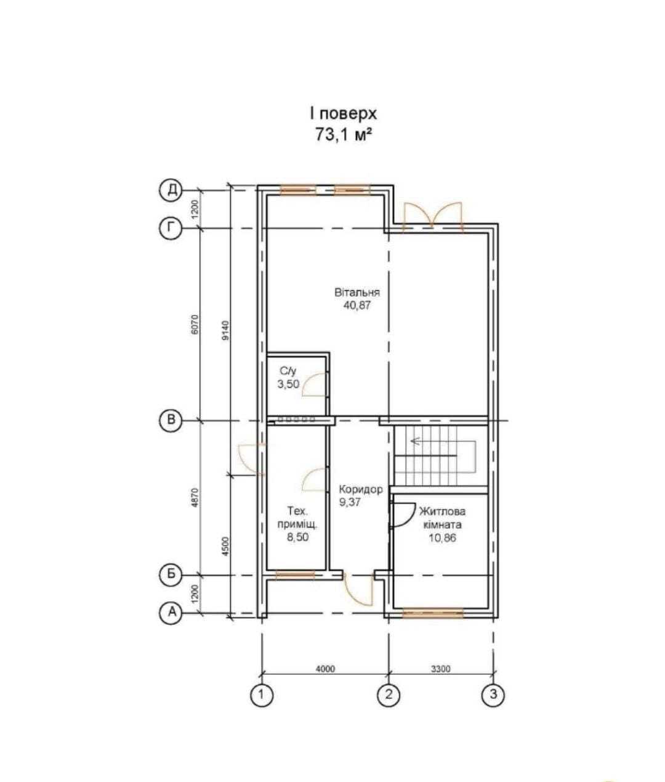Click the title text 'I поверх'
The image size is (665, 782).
343,114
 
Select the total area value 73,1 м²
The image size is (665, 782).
343,135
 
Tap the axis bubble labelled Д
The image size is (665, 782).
171,190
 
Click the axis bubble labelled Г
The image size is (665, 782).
171,229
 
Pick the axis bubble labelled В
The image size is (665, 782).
171,421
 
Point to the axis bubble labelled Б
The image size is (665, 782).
171,575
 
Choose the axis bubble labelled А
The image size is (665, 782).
171,613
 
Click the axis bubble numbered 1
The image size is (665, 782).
262,695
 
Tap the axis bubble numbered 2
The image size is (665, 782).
389,695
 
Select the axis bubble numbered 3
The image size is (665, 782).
493,695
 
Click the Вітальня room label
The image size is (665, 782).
357,292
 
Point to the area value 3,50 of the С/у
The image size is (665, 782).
288,384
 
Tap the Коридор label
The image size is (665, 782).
361,489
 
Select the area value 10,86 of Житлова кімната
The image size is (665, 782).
442,537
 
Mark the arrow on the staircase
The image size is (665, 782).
416,441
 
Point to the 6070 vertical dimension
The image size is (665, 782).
195,325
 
